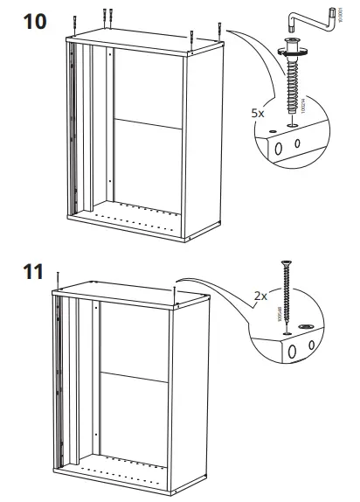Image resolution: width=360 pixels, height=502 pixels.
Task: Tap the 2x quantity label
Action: coord(260,296)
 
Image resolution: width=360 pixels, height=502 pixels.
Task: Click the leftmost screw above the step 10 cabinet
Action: coord(78,18)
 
